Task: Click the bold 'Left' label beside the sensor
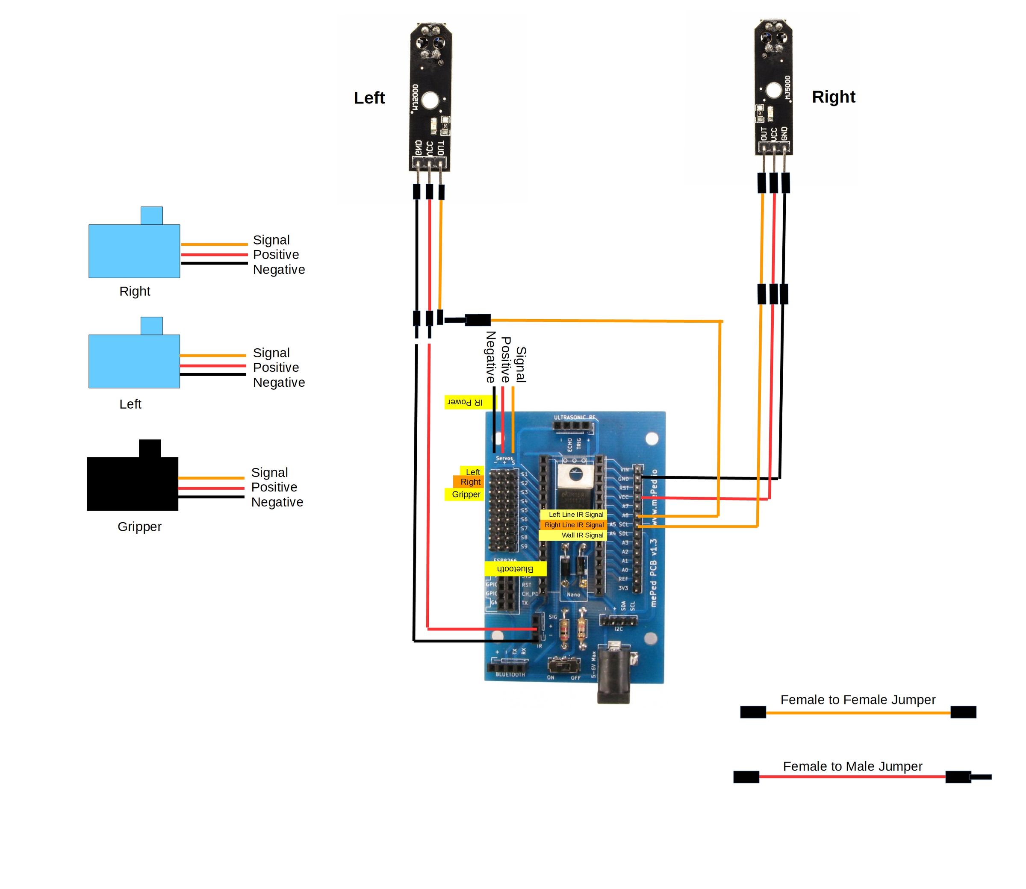click(x=369, y=98)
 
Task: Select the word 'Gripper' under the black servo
click(x=139, y=527)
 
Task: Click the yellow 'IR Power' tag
click(x=469, y=402)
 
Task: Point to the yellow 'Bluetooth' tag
click(x=515, y=568)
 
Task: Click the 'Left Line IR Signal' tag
click(x=575, y=515)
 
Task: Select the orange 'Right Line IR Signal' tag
click(x=574, y=525)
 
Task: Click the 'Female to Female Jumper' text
click(x=857, y=700)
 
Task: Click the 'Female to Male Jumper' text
click(x=852, y=766)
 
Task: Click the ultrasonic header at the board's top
click(x=574, y=426)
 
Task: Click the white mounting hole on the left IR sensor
click(x=430, y=102)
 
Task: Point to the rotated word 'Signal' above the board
click(x=520, y=365)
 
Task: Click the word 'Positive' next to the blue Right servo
click(x=276, y=254)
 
